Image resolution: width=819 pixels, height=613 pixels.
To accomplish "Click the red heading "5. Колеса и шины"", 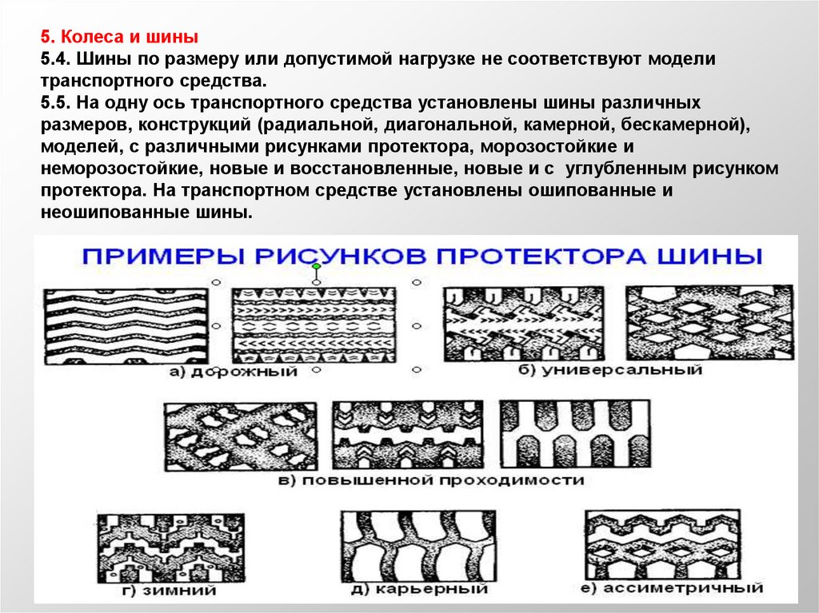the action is click(x=120, y=38).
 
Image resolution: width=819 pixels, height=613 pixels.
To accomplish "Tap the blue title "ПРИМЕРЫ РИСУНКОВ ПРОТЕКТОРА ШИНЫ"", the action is click(x=424, y=257).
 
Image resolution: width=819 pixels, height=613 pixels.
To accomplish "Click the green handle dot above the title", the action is click(x=318, y=265).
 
